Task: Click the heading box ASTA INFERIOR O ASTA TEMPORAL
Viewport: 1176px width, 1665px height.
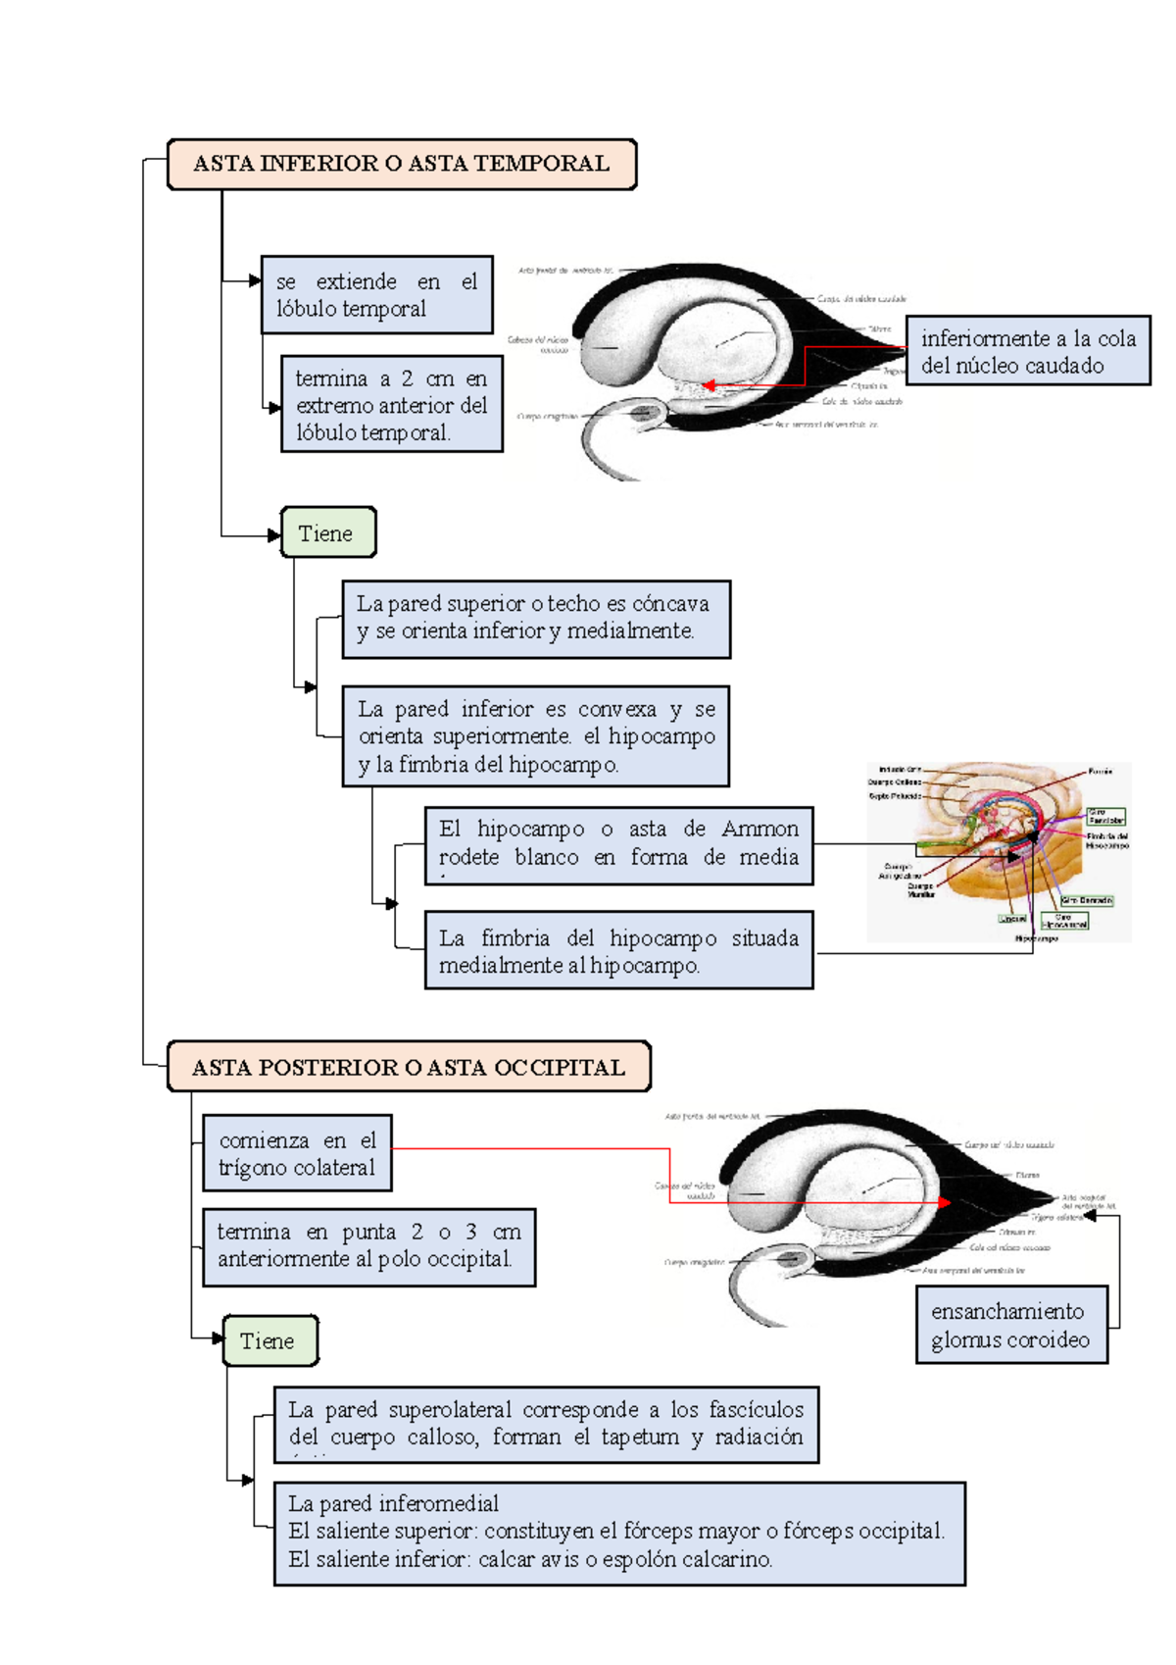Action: tap(402, 164)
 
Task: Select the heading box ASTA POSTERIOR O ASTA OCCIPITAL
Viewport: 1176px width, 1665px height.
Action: tap(409, 1067)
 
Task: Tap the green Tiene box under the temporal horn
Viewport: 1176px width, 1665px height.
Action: tap(327, 533)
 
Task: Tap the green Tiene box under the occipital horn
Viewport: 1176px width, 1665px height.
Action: tap(269, 1340)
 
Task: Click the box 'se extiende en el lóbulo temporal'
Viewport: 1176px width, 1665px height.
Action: tap(376, 294)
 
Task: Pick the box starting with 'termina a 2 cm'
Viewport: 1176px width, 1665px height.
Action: tap(391, 404)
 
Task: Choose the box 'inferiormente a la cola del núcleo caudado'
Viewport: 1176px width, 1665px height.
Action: tap(1027, 351)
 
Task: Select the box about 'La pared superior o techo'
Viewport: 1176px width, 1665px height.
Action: tap(535, 618)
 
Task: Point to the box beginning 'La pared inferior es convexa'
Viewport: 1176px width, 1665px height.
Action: tap(535, 736)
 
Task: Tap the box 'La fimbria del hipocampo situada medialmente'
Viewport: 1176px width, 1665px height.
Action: tap(618, 950)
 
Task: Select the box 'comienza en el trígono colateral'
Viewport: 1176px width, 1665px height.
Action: tap(297, 1153)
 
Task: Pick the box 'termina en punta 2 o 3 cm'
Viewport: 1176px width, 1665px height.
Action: tap(368, 1246)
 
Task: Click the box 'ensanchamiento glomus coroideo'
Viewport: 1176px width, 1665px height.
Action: tap(1011, 1325)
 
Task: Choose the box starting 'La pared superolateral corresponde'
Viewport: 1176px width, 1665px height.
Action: tap(546, 1425)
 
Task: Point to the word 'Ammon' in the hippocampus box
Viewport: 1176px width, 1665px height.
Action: tap(759, 830)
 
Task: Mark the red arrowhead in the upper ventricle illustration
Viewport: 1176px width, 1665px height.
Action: tap(708, 385)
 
